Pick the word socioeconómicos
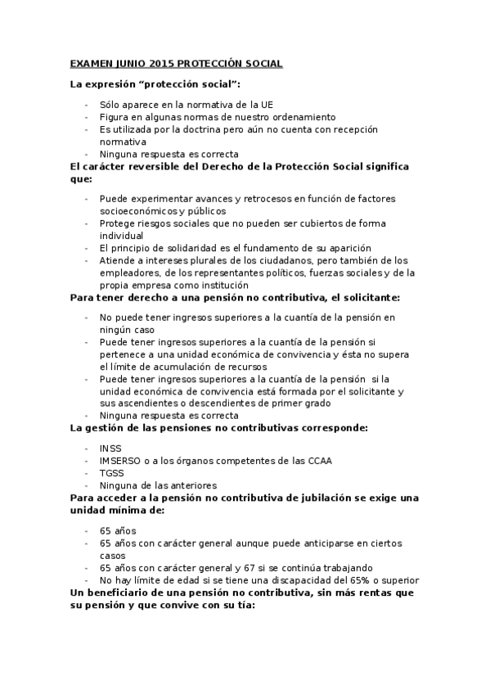pos(137,210)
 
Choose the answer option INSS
pos(110,448)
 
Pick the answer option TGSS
pos(111,473)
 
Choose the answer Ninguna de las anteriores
pos(158,485)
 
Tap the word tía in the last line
pos(245,606)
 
